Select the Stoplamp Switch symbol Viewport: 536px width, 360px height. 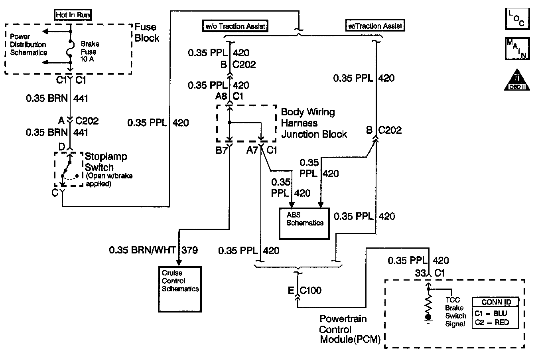pos(68,169)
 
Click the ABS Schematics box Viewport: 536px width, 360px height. pos(305,223)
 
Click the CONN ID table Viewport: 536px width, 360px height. pos(496,313)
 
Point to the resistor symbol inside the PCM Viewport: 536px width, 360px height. pos(429,304)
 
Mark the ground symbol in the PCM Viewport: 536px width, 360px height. pos(429,318)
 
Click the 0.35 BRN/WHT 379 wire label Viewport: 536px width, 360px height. pos(153,250)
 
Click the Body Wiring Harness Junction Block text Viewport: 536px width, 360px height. pos(314,123)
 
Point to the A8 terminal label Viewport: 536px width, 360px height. pos(221,96)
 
